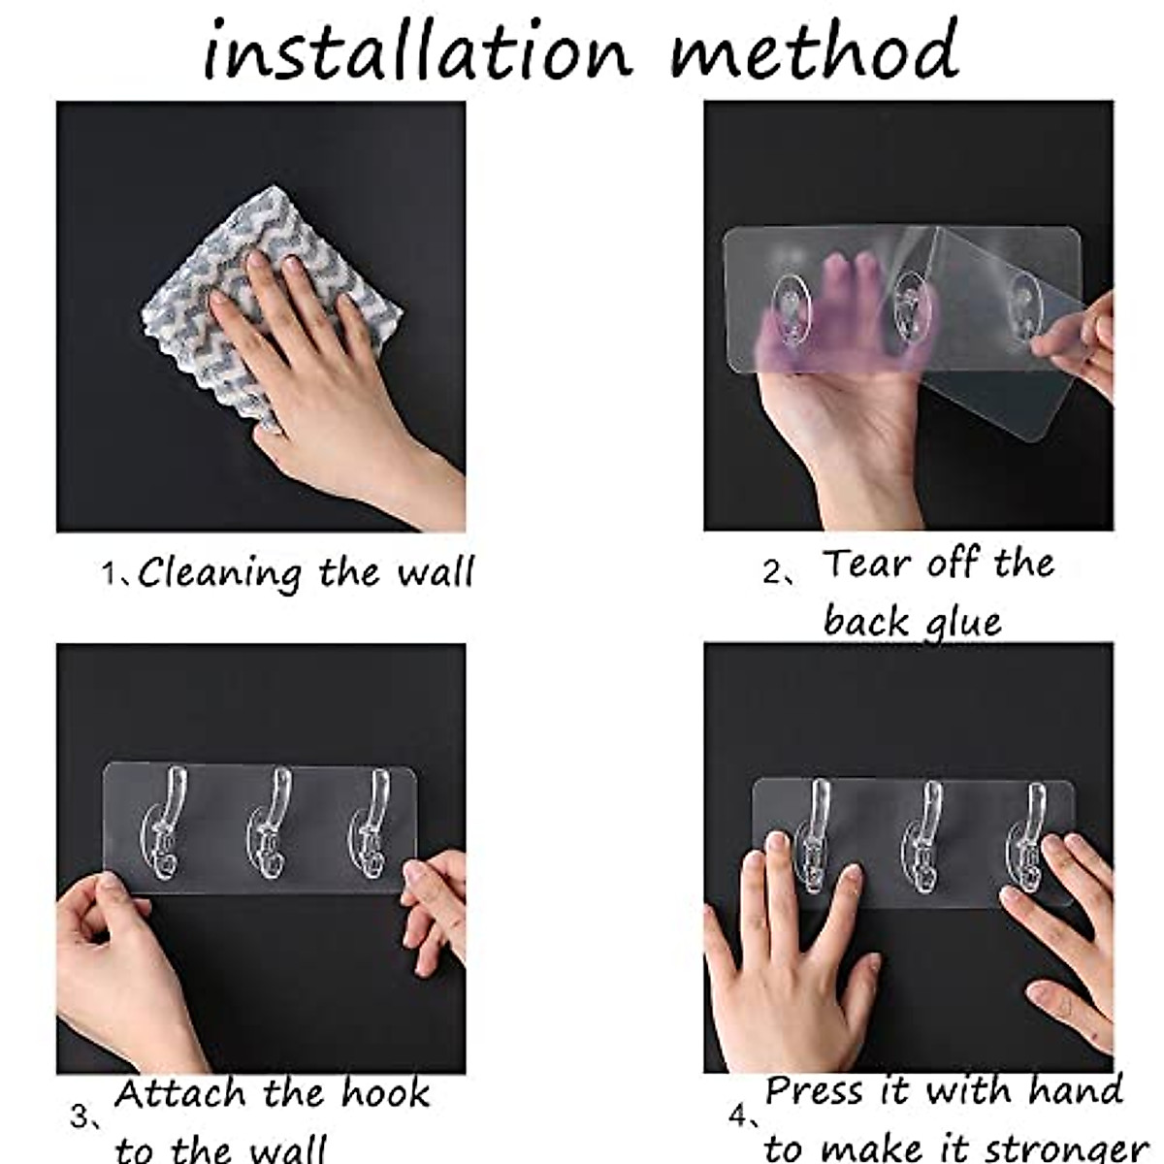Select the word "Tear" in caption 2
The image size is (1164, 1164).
click(x=866, y=564)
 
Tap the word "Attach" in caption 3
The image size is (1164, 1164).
click(x=181, y=1093)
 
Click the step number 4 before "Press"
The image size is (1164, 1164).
click(x=738, y=1117)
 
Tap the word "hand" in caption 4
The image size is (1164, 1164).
click(x=1076, y=1091)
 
